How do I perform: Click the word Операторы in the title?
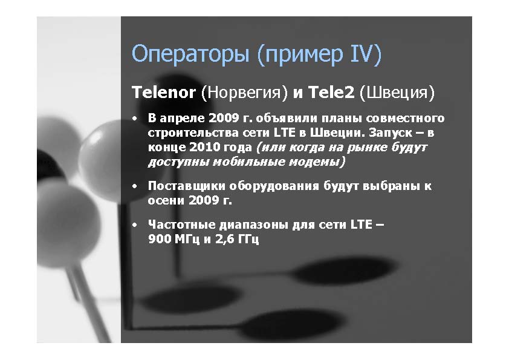click(x=190, y=54)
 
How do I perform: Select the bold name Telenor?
click(x=164, y=93)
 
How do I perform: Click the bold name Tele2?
click(x=331, y=93)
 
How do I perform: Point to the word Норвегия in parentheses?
click(x=244, y=93)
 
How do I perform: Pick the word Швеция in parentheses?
click(x=397, y=93)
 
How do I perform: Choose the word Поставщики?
click(x=186, y=186)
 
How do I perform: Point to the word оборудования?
click(x=274, y=186)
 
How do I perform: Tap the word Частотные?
click(x=182, y=224)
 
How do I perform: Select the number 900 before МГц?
click(x=160, y=239)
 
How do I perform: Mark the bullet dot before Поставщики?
click(x=135, y=187)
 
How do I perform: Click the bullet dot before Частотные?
click(x=135, y=225)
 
